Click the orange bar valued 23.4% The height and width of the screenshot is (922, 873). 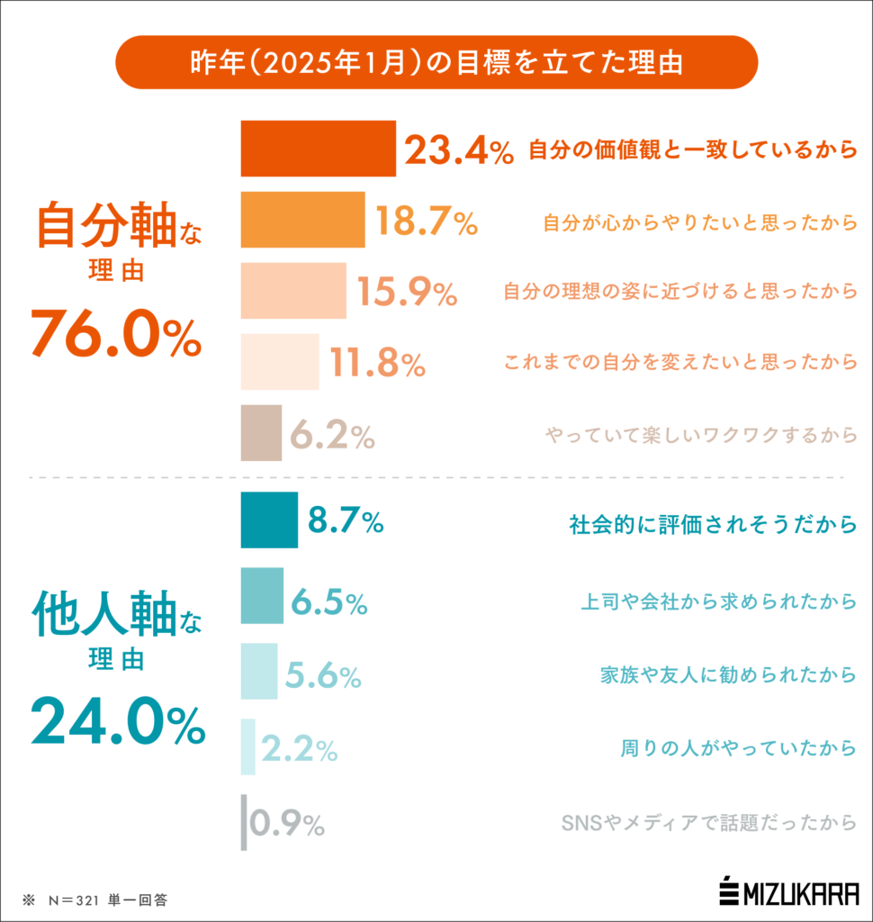click(x=318, y=149)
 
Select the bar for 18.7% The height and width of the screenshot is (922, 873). click(x=302, y=220)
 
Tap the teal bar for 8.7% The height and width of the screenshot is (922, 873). click(x=268, y=520)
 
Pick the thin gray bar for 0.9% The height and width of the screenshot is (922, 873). click(x=244, y=822)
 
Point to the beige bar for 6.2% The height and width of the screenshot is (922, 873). click(x=261, y=433)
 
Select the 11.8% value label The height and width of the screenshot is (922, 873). click(x=377, y=363)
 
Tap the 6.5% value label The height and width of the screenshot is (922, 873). click(x=328, y=601)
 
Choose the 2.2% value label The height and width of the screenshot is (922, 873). click(x=299, y=747)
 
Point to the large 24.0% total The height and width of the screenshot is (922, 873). click(x=117, y=722)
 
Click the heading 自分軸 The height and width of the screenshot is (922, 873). click(x=106, y=226)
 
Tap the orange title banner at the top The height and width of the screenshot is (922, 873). click(x=436, y=62)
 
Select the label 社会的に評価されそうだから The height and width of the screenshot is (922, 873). click(x=712, y=524)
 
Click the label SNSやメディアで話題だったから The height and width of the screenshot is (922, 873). click(x=707, y=823)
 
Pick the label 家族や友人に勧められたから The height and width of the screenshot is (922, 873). click(x=727, y=673)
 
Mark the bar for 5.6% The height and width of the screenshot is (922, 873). click(x=258, y=672)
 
